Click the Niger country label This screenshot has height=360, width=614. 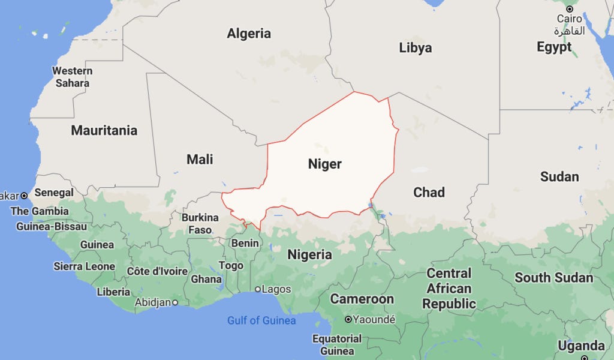324,164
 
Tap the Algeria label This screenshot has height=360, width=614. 248,34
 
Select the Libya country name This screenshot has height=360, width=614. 415,48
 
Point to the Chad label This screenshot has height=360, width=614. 429,193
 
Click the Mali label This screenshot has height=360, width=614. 200,160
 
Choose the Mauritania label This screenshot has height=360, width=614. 104,130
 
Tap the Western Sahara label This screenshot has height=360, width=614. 72,77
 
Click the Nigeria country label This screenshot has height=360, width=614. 309,254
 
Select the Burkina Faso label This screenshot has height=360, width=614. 200,223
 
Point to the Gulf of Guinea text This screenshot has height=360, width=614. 261,320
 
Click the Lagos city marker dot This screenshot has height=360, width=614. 258,289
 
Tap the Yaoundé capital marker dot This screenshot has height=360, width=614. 348,319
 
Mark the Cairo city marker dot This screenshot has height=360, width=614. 569,9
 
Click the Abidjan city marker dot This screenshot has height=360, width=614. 175,302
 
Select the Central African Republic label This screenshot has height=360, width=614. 449,289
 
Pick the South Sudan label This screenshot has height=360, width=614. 553,278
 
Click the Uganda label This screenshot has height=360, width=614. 581,346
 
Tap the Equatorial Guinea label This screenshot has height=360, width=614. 336,344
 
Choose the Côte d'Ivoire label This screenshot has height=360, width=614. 157,271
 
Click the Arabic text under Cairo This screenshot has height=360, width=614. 569,31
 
